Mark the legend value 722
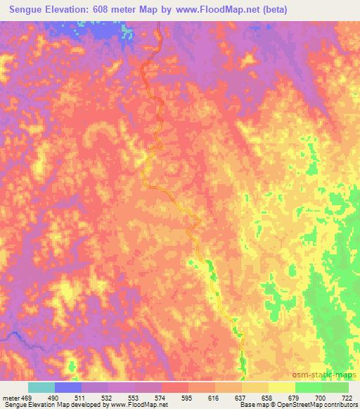[346, 397]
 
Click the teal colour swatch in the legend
[41, 387]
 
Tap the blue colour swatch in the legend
[68, 387]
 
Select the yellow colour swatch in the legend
[281, 387]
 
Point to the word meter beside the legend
[11, 397]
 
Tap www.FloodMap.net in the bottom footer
[143, 405]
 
